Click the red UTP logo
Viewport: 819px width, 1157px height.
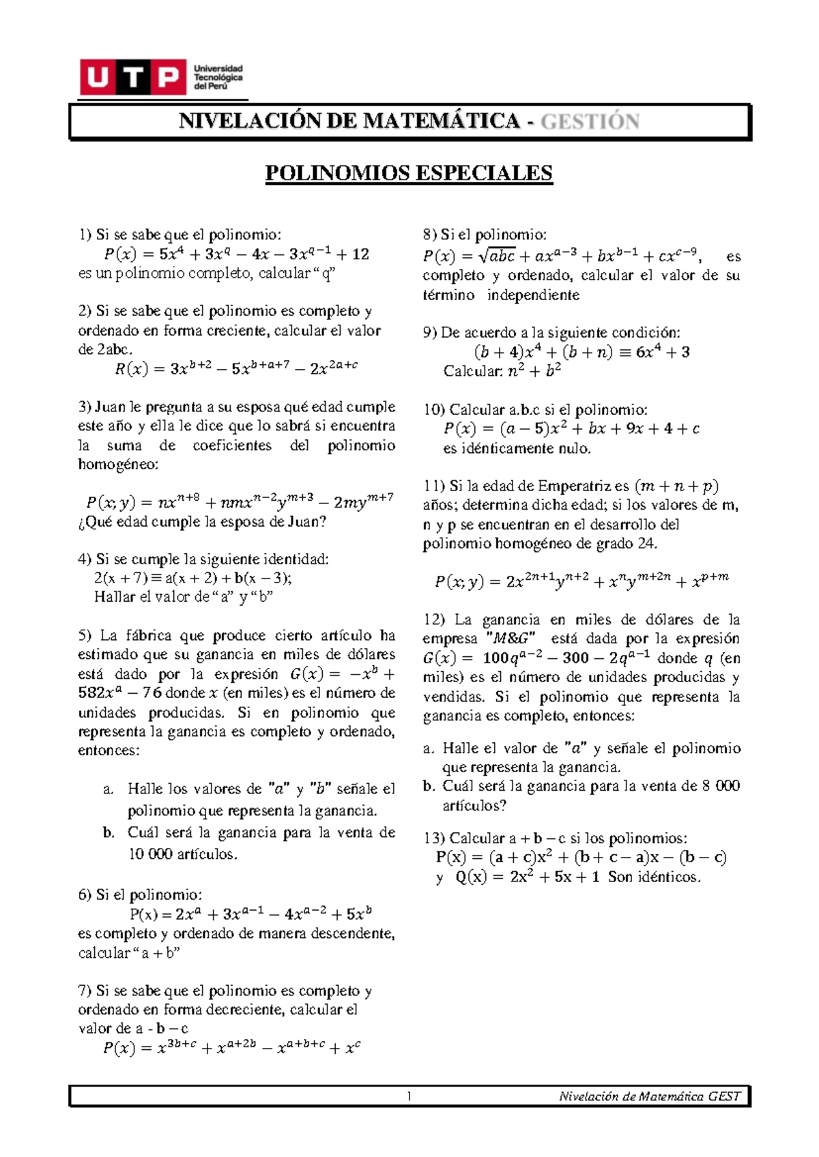coord(133,77)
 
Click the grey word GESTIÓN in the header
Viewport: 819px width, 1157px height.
coord(590,122)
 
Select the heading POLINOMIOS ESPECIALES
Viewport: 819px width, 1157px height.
coord(408,173)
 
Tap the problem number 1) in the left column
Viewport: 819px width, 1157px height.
coord(85,235)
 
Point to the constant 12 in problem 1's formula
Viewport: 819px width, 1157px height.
coord(360,254)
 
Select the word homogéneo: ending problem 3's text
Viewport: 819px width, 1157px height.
coord(118,465)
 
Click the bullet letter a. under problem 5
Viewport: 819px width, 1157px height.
coord(108,790)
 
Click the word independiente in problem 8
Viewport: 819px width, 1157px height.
coord(533,295)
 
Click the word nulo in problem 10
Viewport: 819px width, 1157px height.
coord(575,449)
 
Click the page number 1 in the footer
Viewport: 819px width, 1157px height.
coord(409,1097)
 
